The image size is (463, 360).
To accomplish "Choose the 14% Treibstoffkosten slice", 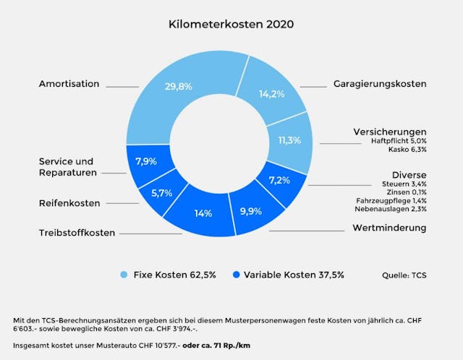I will [203, 213].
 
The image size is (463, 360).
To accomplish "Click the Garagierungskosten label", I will [379, 84].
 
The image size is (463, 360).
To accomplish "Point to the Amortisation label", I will [69, 84].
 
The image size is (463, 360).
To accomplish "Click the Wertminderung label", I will [388, 228].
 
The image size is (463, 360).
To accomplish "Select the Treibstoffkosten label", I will [77, 233].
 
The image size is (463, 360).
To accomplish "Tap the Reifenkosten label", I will [69, 203].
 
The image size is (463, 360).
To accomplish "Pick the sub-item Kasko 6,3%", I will [408, 150].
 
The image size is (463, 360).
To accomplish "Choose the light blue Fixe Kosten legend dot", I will [123, 275].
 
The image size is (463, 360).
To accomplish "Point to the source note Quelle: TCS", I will [404, 275].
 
